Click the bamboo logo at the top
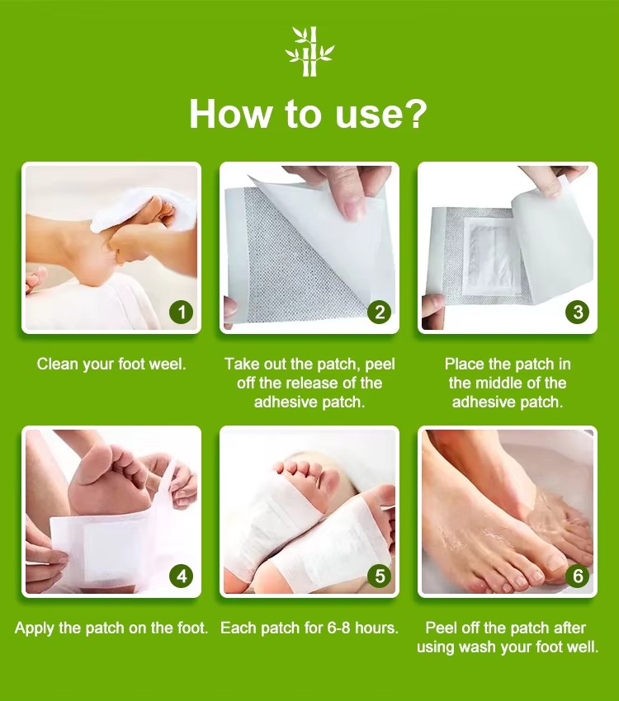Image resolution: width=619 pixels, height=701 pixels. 310,51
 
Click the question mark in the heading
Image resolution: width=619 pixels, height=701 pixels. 414,114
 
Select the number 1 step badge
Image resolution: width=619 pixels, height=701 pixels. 181,312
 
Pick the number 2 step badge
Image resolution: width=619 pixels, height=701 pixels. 380,312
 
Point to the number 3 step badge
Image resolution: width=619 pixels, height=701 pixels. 578,312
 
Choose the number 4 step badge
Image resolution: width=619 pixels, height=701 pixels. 181,576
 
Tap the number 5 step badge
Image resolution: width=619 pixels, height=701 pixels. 380,576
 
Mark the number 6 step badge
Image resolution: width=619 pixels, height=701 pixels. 578,576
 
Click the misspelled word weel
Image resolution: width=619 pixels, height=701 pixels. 167,364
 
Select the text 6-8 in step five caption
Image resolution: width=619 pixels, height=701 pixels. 338,628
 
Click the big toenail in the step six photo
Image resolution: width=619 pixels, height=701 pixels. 556,562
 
